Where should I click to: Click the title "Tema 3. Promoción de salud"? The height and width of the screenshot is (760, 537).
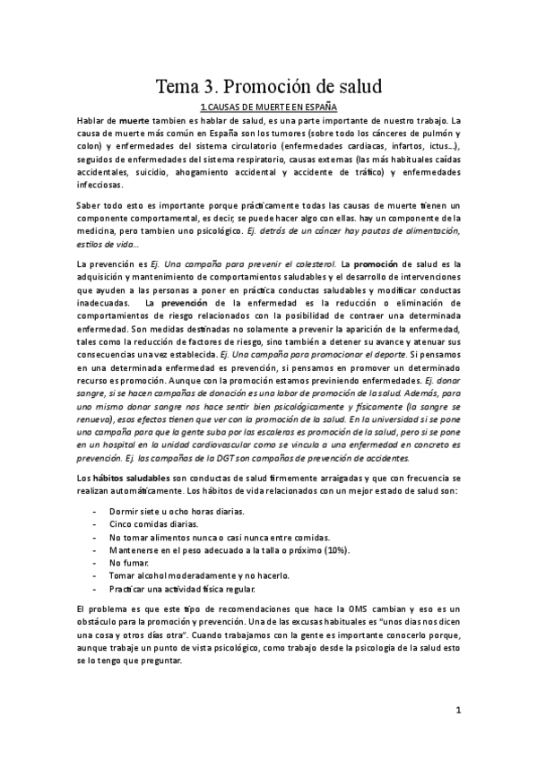point(269,87)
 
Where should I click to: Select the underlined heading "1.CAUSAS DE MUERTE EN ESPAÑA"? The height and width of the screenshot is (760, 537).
point(269,107)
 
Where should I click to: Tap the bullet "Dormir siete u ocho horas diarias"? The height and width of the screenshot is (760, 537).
point(164,511)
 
